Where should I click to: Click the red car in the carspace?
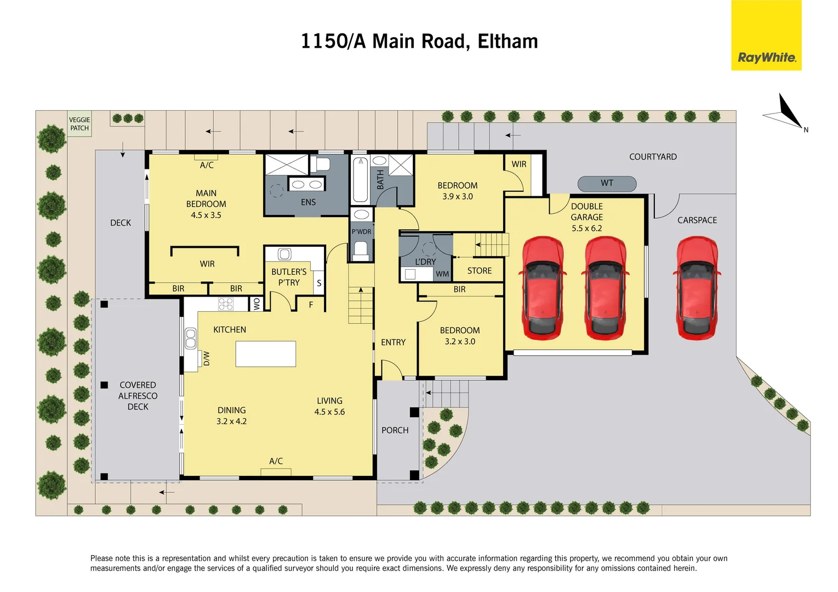[697, 287]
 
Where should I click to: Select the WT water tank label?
[607, 184]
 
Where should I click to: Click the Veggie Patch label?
[79, 124]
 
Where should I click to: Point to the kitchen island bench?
[266, 354]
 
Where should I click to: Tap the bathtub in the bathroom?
[360, 180]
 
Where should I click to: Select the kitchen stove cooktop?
[226, 304]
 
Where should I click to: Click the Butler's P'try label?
[289, 277]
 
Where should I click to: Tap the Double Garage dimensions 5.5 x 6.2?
[586, 229]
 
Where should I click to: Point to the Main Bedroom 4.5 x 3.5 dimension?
[206, 215]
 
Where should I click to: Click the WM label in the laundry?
[442, 274]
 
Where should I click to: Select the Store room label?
[479, 271]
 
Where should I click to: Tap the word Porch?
[395, 430]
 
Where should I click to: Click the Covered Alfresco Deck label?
[138, 396]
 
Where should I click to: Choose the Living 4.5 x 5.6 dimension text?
[329, 412]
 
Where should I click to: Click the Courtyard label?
[652, 157]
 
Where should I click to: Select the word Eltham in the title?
[508, 42]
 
